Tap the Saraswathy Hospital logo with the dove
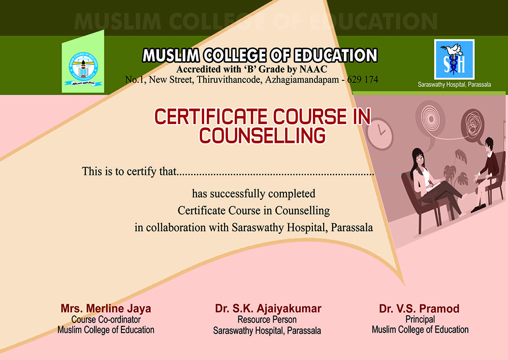[454, 59]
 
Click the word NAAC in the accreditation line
[313, 69]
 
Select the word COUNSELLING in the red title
[262, 136]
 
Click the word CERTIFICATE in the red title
[211, 117]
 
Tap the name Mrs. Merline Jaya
[106, 309]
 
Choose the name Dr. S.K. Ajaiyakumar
[268, 309]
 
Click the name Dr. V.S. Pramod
[419, 309]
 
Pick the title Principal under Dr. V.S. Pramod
[420, 319]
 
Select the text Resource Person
[267, 320]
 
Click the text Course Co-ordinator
[106, 319]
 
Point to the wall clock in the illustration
[379, 134]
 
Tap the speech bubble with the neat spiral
[431, 118]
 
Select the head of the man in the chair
[489, 144]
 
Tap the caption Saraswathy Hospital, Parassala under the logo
[454, 84]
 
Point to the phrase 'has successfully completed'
[253, 194]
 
